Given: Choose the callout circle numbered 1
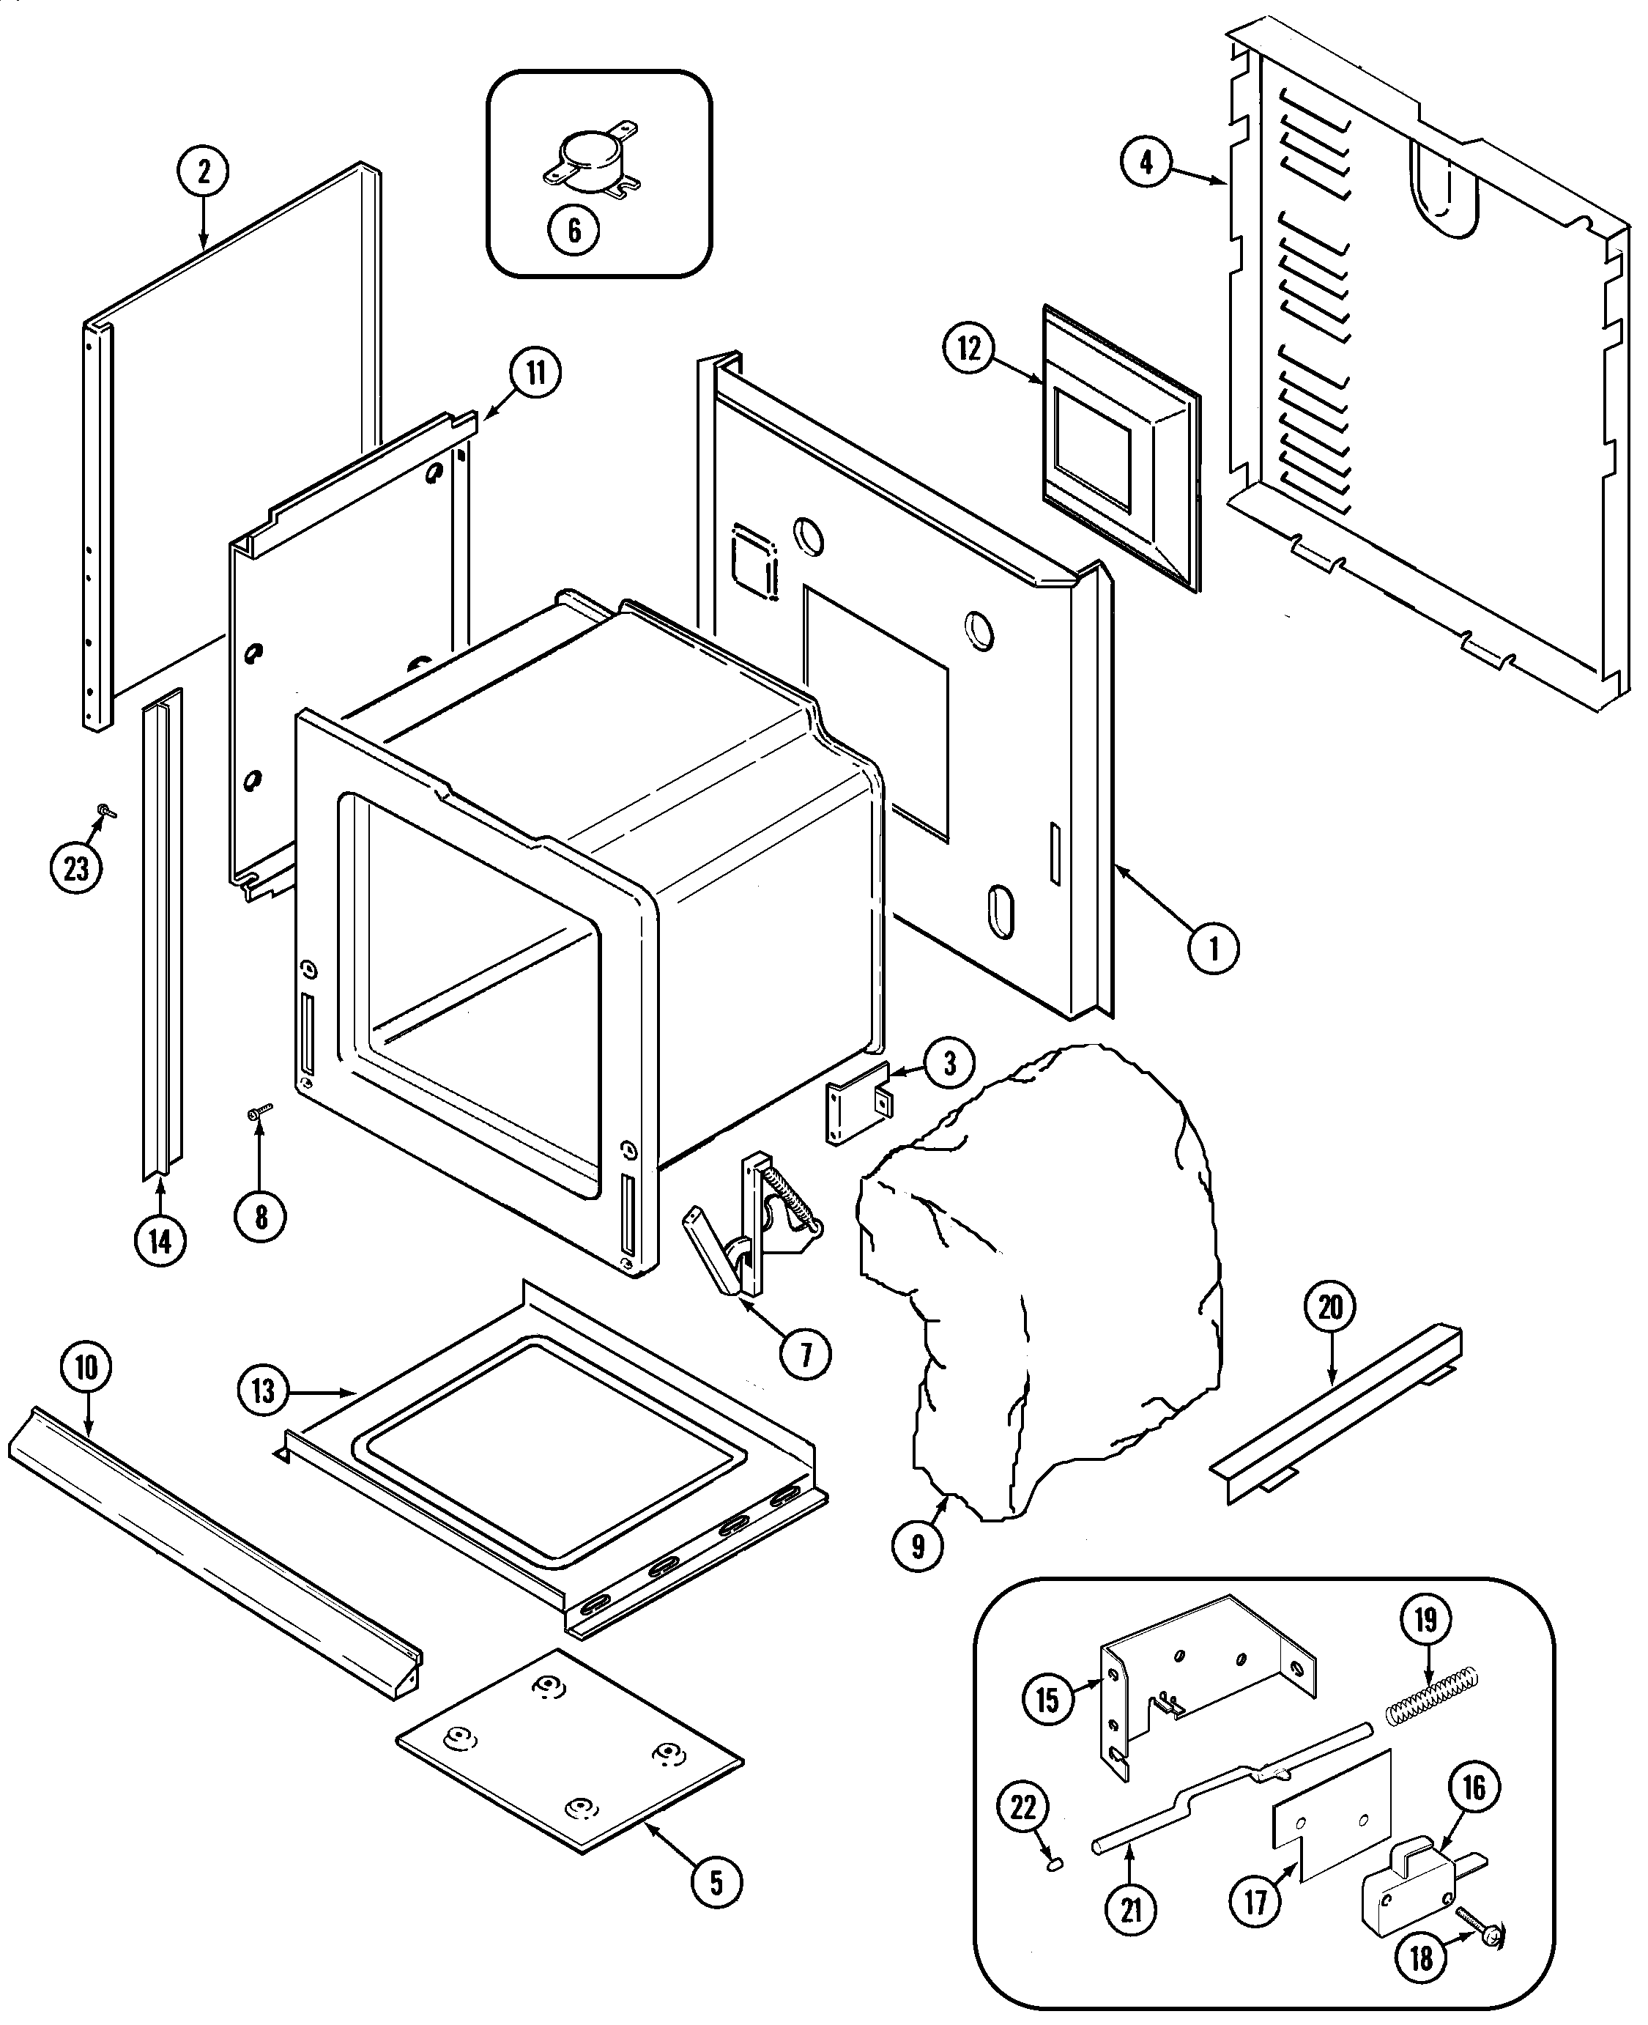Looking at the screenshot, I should pos(1212,947).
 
